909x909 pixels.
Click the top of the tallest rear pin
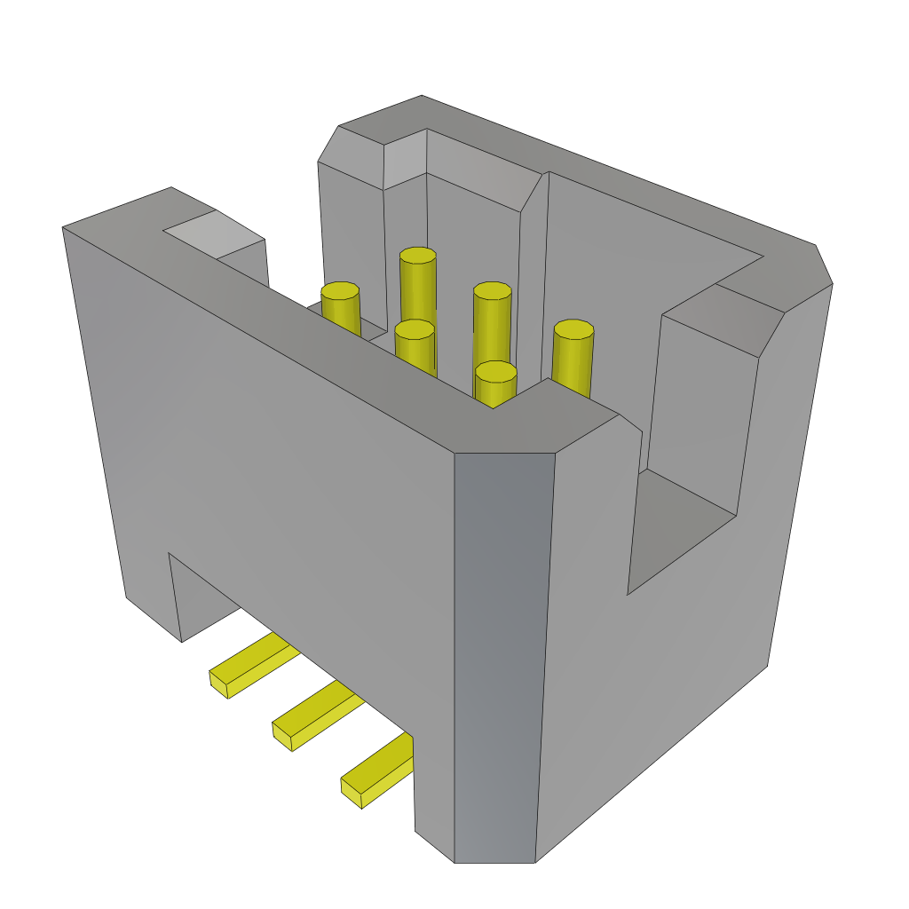[417, 256]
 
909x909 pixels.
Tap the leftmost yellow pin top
[340, 290]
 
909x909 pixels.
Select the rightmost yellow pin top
[573, 329]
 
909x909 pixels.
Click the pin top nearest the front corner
[495, 371]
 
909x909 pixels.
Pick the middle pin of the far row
[492, 291]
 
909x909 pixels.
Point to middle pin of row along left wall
[415, 329]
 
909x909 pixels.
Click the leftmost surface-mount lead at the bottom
[249, 665]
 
